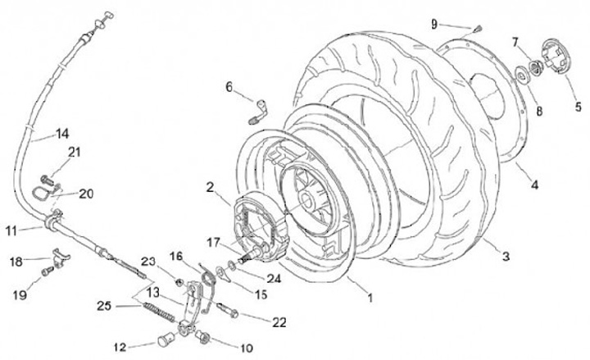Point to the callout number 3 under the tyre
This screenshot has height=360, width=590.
506,257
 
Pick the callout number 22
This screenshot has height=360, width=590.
279,323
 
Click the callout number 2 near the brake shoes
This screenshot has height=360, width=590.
211,187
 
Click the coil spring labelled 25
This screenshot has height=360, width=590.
159,311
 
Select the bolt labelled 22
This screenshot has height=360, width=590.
230,311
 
